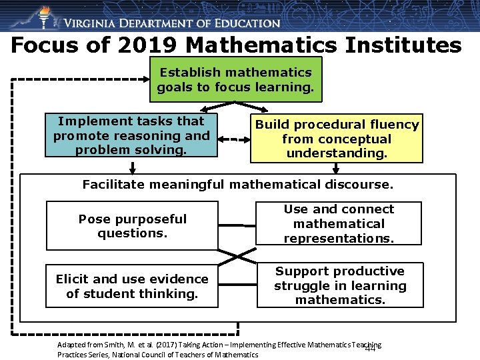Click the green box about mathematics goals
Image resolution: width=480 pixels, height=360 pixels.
[235, 79]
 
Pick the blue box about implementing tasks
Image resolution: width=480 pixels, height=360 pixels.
[131, 135]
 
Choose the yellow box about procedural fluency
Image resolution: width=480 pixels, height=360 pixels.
[337, 139]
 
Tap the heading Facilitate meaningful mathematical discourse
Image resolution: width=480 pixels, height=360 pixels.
[238, 184]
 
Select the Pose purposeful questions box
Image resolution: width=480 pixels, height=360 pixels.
[132, 226]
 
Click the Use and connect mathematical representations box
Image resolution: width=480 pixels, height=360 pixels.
[339, 223]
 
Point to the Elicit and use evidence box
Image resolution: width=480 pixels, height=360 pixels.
[132, 286]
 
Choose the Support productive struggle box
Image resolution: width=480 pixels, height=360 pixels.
[339, 285]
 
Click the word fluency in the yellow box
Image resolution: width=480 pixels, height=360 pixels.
[395, 125]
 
